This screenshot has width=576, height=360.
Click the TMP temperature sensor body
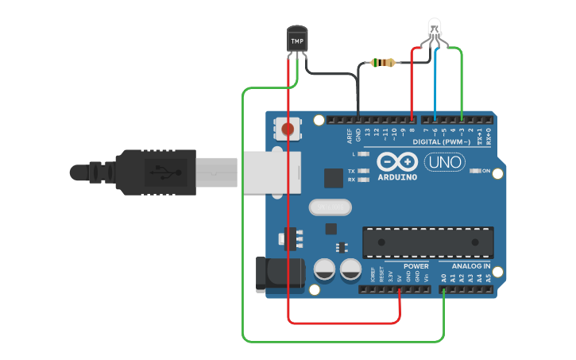tap(296, 41)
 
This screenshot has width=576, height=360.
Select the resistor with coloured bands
tap(386, 63)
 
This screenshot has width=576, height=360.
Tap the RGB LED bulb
tap(435, 29)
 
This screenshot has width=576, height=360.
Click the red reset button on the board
tap(287, 128)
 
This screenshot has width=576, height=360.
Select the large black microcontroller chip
tap(427, 242)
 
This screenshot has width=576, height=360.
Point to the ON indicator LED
tap(474, 171)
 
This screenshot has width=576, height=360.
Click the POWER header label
tap(416, 266)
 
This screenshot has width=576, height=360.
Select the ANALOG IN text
tap(471, 266)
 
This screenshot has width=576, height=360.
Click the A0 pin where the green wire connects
tap(443, 289)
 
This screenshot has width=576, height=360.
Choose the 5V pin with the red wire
tap(400, 289)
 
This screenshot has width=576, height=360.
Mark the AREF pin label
tap(349, 136)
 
